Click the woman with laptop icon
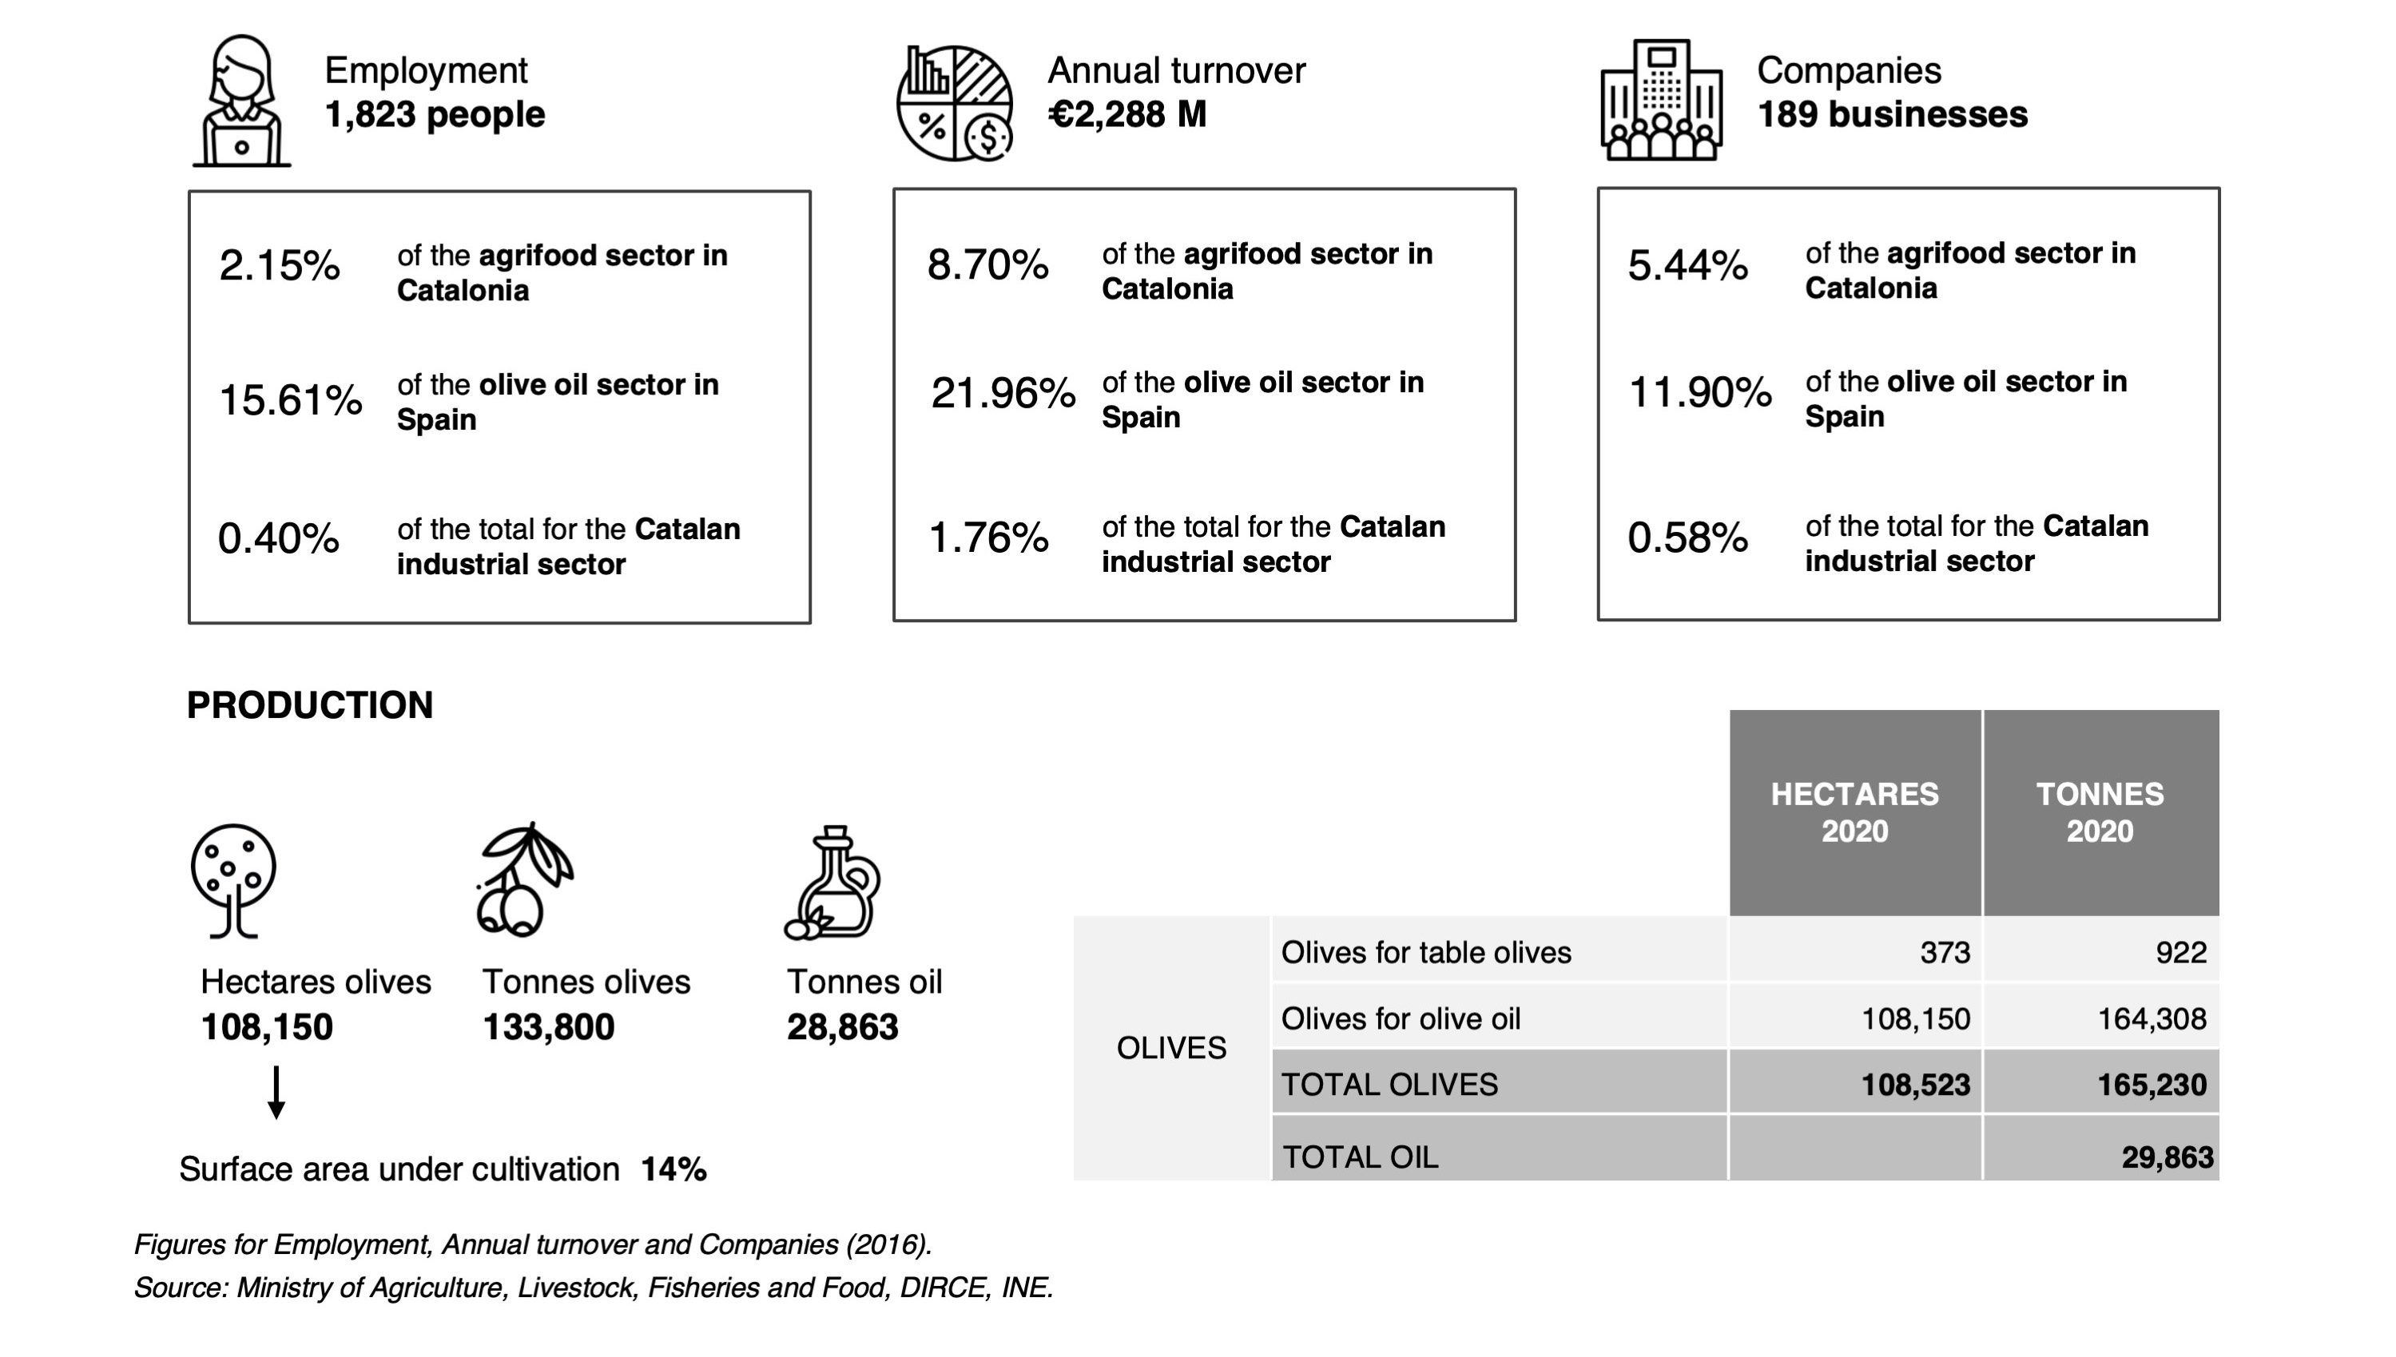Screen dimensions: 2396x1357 241,101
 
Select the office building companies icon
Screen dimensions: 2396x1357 1661,100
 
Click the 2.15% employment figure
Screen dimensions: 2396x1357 280,266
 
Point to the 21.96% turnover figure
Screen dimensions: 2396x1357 1003,393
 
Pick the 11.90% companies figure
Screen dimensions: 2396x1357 1699,392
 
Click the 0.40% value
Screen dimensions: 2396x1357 279,538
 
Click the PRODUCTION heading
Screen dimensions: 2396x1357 311,705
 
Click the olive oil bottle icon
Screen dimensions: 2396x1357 832,882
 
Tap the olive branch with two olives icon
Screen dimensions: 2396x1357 525,879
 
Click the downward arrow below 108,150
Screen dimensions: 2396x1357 276,1093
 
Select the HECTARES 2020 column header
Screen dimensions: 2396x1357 1854,813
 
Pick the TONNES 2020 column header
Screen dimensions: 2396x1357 2100,813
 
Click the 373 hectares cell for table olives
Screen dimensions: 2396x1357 1945,953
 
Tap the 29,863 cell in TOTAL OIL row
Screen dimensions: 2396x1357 2168,1157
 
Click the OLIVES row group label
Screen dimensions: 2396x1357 1172,1049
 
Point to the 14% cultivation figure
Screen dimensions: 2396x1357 674,1169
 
